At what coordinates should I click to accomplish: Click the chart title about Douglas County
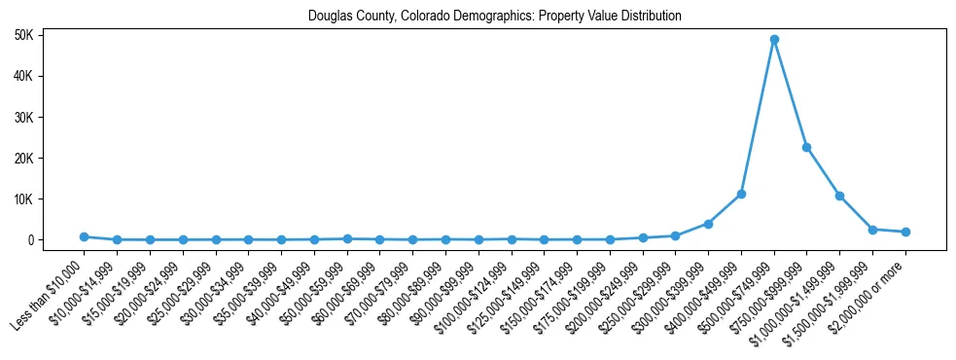pyautogui.click(x=495, y=17)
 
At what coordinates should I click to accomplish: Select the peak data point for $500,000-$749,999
pyautogui.click(x=774, y=40)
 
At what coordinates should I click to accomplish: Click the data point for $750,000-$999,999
pyautogui.click(x=807, y=148)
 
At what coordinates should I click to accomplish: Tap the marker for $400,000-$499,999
pyautogui.click(x=741, y=195)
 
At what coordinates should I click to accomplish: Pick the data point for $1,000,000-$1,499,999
pyautogui.click(x=840, y=197)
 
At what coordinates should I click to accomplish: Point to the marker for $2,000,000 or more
pyautogui.click(x=905, y=232)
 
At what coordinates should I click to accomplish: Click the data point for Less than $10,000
pyautogui.click(x=84, y=236)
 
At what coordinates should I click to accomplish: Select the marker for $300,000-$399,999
pyautogui.click(x=708, y=224)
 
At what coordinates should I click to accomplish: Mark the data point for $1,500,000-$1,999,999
pyautogui.click(x=873, y=230)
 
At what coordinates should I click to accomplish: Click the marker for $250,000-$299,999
pyautogui.click(x=676, y=235)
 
